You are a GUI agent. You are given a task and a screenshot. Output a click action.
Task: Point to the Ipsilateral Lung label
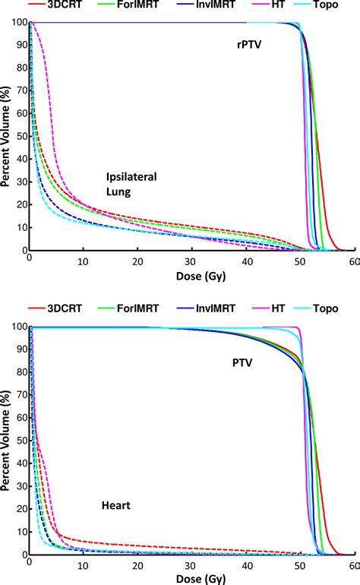pos(131,185)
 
